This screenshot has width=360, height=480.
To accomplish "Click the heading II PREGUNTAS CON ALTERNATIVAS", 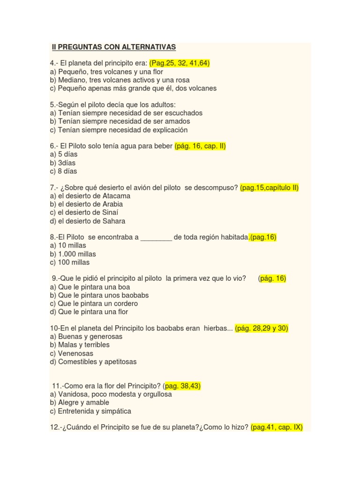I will [113, 47].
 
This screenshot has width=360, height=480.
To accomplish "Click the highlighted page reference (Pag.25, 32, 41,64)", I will [179, 63].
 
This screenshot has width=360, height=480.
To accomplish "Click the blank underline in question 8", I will [156, 238].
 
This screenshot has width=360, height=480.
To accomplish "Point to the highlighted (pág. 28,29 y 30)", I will [262, 329].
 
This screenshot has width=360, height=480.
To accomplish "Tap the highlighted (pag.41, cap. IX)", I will [277, 427].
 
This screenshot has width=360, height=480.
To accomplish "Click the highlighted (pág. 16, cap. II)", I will [200, 146].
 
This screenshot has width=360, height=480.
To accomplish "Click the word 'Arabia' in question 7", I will [112, 204].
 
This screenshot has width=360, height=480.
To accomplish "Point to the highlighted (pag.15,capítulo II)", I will [269, 188].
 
